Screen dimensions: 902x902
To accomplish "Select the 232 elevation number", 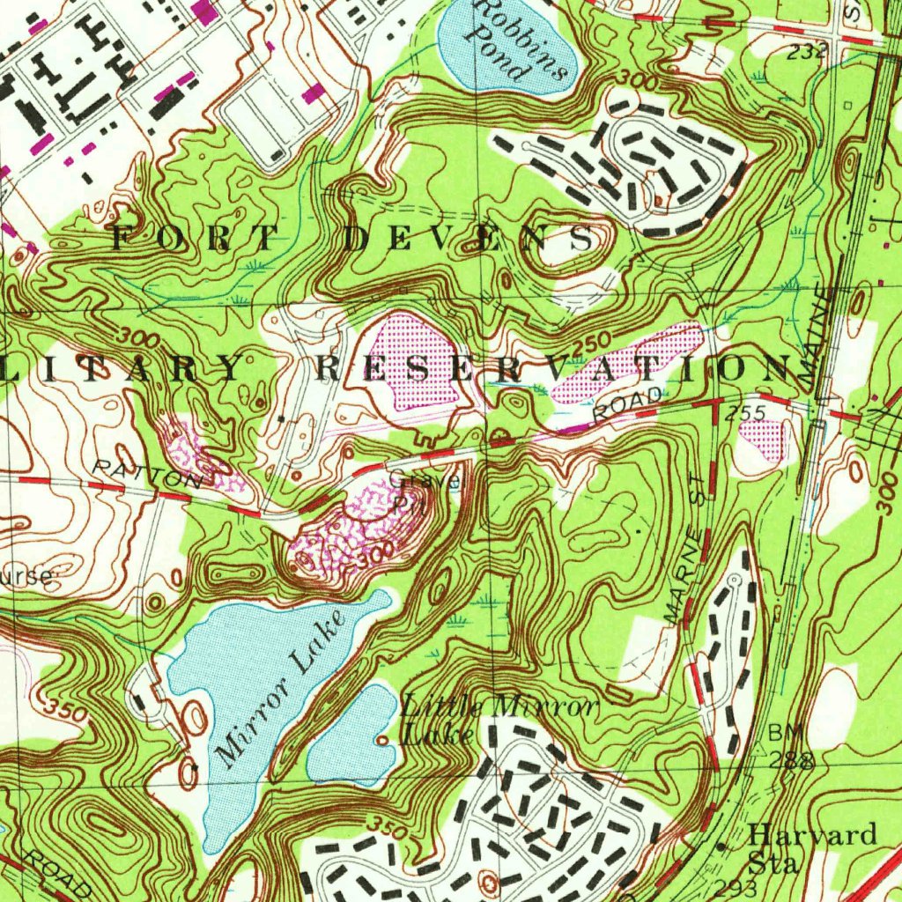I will [x=806, y=51].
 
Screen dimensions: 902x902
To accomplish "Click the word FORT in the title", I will [x=195, y=236].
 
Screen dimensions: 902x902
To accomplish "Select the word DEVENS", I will [x=466, y=238].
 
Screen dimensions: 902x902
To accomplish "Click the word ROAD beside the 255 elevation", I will [x=628, y=403].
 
